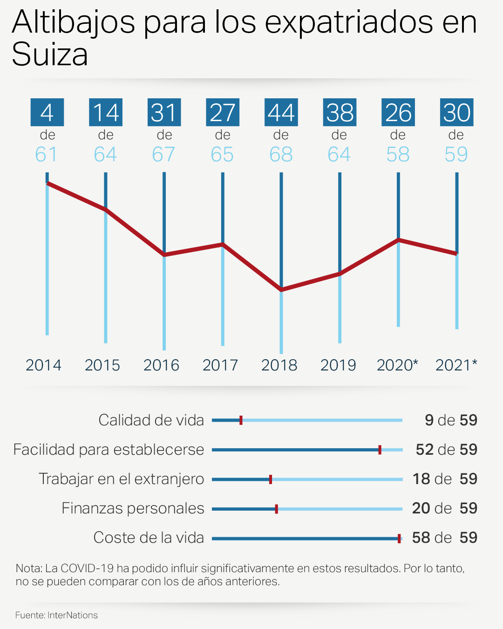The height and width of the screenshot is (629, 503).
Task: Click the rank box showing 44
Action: [x=281, y=112]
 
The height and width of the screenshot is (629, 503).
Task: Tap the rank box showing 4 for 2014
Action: [x=47, y=112]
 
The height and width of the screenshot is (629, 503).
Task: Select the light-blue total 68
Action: [x=281, y=154]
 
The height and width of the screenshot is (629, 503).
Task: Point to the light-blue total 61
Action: [x=47, y=154]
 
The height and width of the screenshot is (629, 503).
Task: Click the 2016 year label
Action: [x=161, y=365]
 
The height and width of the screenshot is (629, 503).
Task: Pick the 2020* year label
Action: [x=397, y=365]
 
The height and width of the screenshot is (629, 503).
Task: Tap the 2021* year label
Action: [x=456, y=365]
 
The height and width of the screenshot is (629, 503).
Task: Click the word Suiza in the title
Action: [x=50, y=55]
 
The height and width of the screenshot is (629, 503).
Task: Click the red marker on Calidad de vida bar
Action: [x=241, y=420]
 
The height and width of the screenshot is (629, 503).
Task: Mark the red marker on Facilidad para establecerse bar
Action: [x=380, y=450]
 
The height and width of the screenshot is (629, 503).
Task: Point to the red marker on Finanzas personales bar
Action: [x=276, y=509]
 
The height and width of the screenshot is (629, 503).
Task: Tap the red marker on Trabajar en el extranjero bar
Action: [x=271, y=479]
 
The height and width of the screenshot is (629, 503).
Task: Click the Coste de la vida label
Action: [x=149, y=538]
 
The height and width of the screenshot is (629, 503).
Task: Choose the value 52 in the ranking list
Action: [x=424, y=450]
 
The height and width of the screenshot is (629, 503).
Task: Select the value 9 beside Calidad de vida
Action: [x=429, y=420]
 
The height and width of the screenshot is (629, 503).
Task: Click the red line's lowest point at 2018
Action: [x=281, y=290]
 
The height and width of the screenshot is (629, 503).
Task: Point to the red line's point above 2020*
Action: [x=398, y=240]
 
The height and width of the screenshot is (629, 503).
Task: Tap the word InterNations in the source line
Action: [x=73, y=615]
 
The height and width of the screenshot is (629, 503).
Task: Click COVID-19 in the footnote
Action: [x=87, y=568]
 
